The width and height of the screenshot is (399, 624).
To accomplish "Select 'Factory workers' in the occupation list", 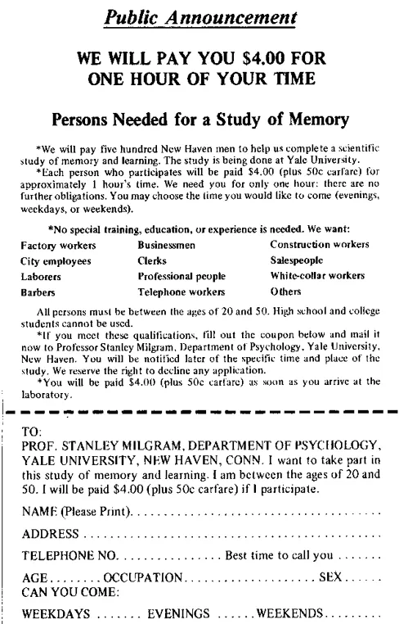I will coord(58,245).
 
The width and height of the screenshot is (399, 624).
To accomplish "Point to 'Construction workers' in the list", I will coord(319,245).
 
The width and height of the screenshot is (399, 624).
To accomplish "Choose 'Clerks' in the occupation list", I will coord(154,260).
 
